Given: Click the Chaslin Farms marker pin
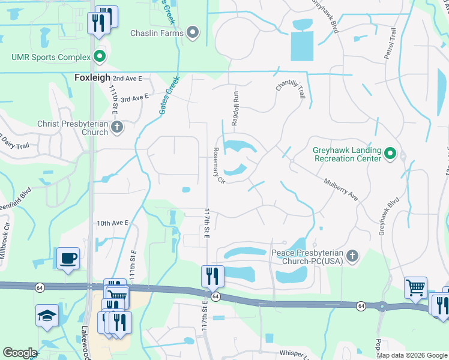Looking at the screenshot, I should [193, 32].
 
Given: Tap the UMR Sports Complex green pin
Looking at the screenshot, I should [99, 58].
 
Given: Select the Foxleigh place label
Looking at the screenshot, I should [92, 78].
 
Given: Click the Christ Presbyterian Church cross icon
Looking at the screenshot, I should [117, 127].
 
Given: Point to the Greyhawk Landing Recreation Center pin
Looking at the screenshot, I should [390, 154].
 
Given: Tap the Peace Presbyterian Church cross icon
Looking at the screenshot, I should [352, 256].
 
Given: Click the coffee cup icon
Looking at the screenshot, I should [68, 259].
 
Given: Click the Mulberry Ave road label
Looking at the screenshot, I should [340, 189].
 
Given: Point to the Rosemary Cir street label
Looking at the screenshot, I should [217, 166].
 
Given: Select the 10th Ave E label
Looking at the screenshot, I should [113, 223].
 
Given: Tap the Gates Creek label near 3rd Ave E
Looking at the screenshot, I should [169, 95].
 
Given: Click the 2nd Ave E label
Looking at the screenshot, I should [127, 79].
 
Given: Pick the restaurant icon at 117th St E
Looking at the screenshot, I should [212, 277].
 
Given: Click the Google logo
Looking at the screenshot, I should [20, 353].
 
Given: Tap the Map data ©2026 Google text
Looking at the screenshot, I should [411, 355].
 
